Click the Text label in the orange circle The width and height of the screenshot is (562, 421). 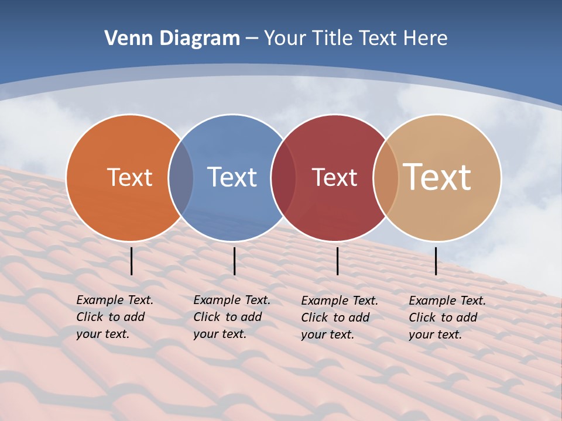click(129, 177)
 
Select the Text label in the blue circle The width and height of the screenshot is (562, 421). click(232, 177)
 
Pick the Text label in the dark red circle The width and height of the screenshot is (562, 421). click(334, 177)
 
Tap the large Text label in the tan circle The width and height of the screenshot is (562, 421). click(437, 177)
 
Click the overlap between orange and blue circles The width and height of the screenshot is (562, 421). click(181, 178)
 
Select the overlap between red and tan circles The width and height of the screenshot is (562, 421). click(386, 178)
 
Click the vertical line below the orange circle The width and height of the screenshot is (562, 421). click(132, 261)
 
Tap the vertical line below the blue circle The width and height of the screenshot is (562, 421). click(234, 261)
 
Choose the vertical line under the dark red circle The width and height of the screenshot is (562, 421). click(337, 261)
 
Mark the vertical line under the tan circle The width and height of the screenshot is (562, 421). click(436, 261)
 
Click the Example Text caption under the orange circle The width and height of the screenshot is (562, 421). click(115, 317)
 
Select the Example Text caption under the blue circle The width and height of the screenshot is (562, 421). click(232, 317)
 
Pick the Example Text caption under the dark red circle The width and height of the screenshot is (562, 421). click(340, 318)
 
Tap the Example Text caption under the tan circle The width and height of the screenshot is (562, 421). click(447, 318)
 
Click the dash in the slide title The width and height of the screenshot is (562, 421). click(252, 39)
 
